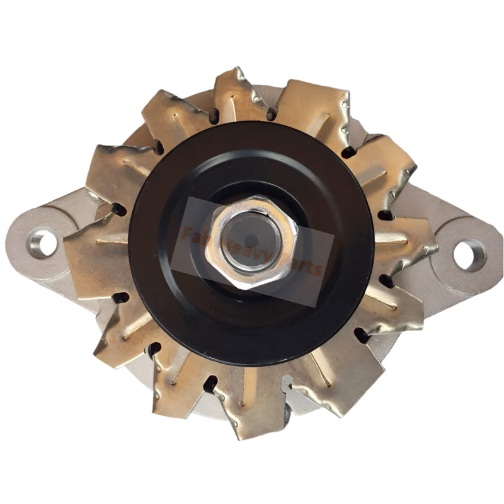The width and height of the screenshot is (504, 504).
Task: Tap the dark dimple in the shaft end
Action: (251, 240)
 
